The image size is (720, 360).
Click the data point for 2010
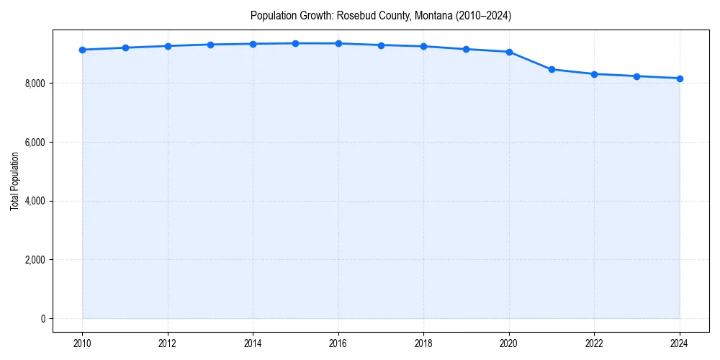(83, 50)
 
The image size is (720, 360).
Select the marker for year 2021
(552, 70)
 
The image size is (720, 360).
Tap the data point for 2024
(680, 78)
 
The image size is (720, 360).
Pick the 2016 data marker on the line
(338, 43)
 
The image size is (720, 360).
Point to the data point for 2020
(509, 52)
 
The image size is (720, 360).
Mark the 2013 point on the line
(210, 45)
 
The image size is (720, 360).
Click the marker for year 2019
(467, 49)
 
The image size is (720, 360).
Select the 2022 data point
(595, 74)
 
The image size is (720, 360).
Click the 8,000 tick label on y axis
(35, 84)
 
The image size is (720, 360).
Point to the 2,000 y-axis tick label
(35, 260)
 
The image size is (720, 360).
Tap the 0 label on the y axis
(42, 319)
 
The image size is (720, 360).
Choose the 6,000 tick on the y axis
(35, 143)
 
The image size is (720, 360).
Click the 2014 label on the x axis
(253, 343)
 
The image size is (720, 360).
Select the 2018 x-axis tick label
(423, 343)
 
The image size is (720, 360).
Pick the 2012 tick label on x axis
(168, 343)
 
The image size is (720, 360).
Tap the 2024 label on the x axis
(680, 343)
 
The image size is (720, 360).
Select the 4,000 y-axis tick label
(35, 202)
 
